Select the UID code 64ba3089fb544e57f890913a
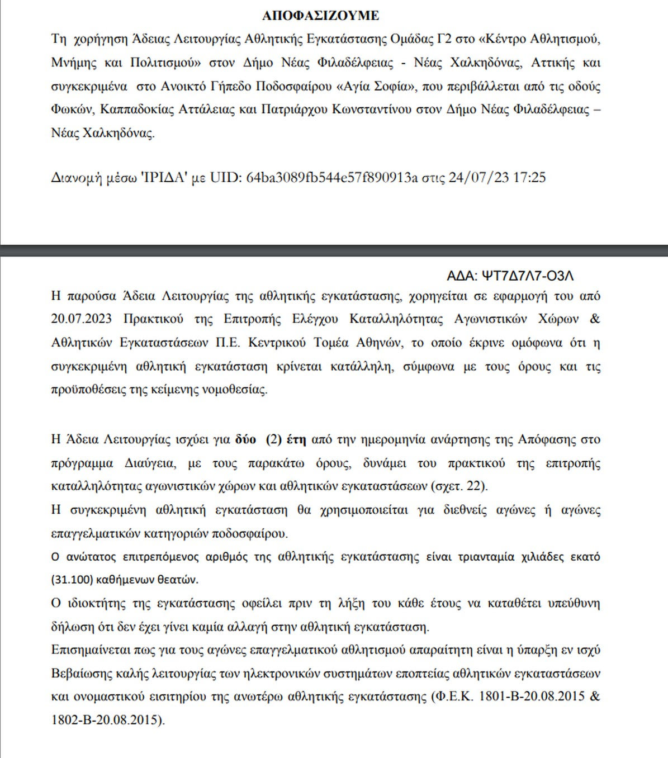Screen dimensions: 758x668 pyautogui.click(x=332, y=178)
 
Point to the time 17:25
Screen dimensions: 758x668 pyautogui.click(x=529, y=178)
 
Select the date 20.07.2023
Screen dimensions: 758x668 pyautogui.click(x=81, y=319)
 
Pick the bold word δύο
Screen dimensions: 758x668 pyautogui.click(x=245, y=439)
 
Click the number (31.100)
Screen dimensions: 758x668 pyautogui.click(x=72, y=580)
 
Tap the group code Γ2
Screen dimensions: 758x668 pyautogui.click(x=444, y=39)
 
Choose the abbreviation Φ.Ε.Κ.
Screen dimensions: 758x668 pyautogui.click(x=452, y=697)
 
